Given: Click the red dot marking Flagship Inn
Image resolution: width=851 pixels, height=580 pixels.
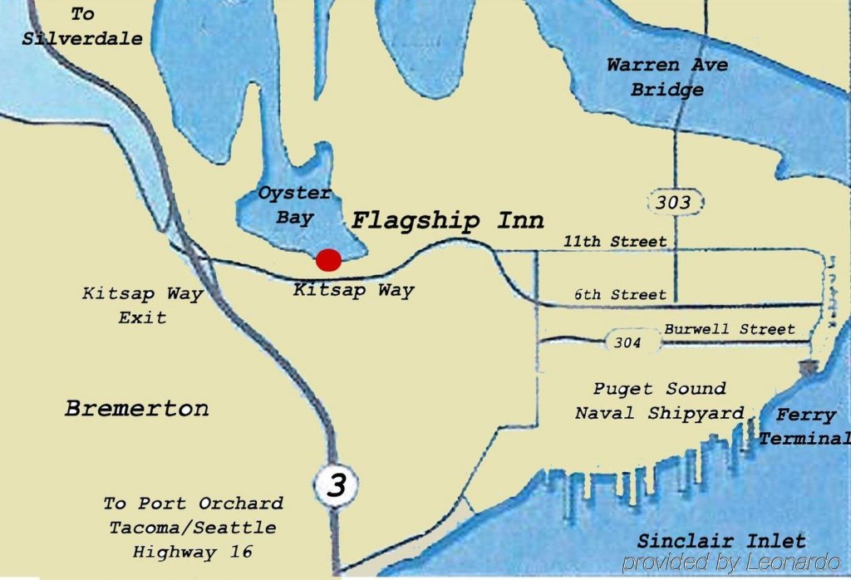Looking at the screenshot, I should click(329, 260).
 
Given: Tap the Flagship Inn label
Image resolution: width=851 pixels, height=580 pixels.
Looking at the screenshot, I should click(448, 221).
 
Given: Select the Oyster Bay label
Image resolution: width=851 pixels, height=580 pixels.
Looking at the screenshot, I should click(294, 205).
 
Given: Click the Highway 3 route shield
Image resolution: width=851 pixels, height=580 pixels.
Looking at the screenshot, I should click(336, 485).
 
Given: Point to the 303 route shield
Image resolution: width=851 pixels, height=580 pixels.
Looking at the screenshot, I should click(673, 202).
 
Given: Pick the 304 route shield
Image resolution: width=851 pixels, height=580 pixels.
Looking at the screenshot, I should click(627, 342).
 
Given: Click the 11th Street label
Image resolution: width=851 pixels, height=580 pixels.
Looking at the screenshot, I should click(615, 242).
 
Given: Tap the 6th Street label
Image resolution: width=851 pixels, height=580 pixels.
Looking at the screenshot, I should click(620, 295).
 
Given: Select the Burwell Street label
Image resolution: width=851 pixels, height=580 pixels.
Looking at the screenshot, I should click(729, 329).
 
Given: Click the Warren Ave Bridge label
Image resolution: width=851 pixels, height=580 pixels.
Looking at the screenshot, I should click(667, 77).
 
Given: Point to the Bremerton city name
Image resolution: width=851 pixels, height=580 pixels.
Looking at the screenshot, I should click(137, 408).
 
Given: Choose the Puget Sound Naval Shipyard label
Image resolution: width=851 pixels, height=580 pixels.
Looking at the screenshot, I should click(659, 401).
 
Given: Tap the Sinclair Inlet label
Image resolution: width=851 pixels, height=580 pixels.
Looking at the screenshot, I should click(721, 540).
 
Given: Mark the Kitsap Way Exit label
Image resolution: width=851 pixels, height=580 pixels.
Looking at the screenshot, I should click(142, 305).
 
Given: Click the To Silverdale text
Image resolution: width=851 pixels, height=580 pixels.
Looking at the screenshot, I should click(82, 27).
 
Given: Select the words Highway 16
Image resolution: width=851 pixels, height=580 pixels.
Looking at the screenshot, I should click(193, 551).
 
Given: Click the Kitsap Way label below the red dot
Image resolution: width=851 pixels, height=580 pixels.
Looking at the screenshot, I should click(353, 291).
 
